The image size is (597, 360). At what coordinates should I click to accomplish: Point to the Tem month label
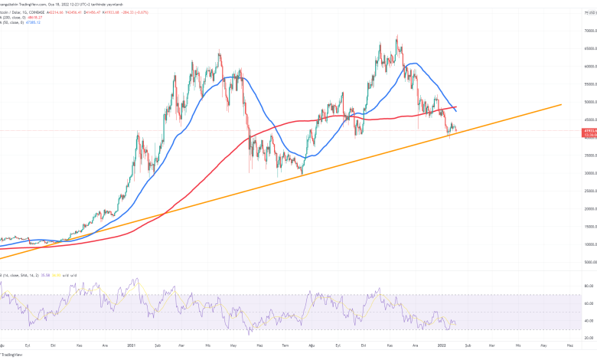click(x=286, y=345)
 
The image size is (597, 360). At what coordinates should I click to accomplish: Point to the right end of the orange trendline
click(x=562, y=104)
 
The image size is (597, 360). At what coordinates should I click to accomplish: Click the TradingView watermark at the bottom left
click(x=11, y=355)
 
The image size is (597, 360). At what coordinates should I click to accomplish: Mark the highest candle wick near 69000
click(x=396, y=35)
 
